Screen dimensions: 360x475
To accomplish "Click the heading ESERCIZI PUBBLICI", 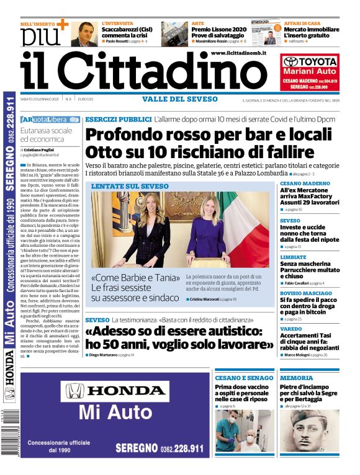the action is [118, 118].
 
